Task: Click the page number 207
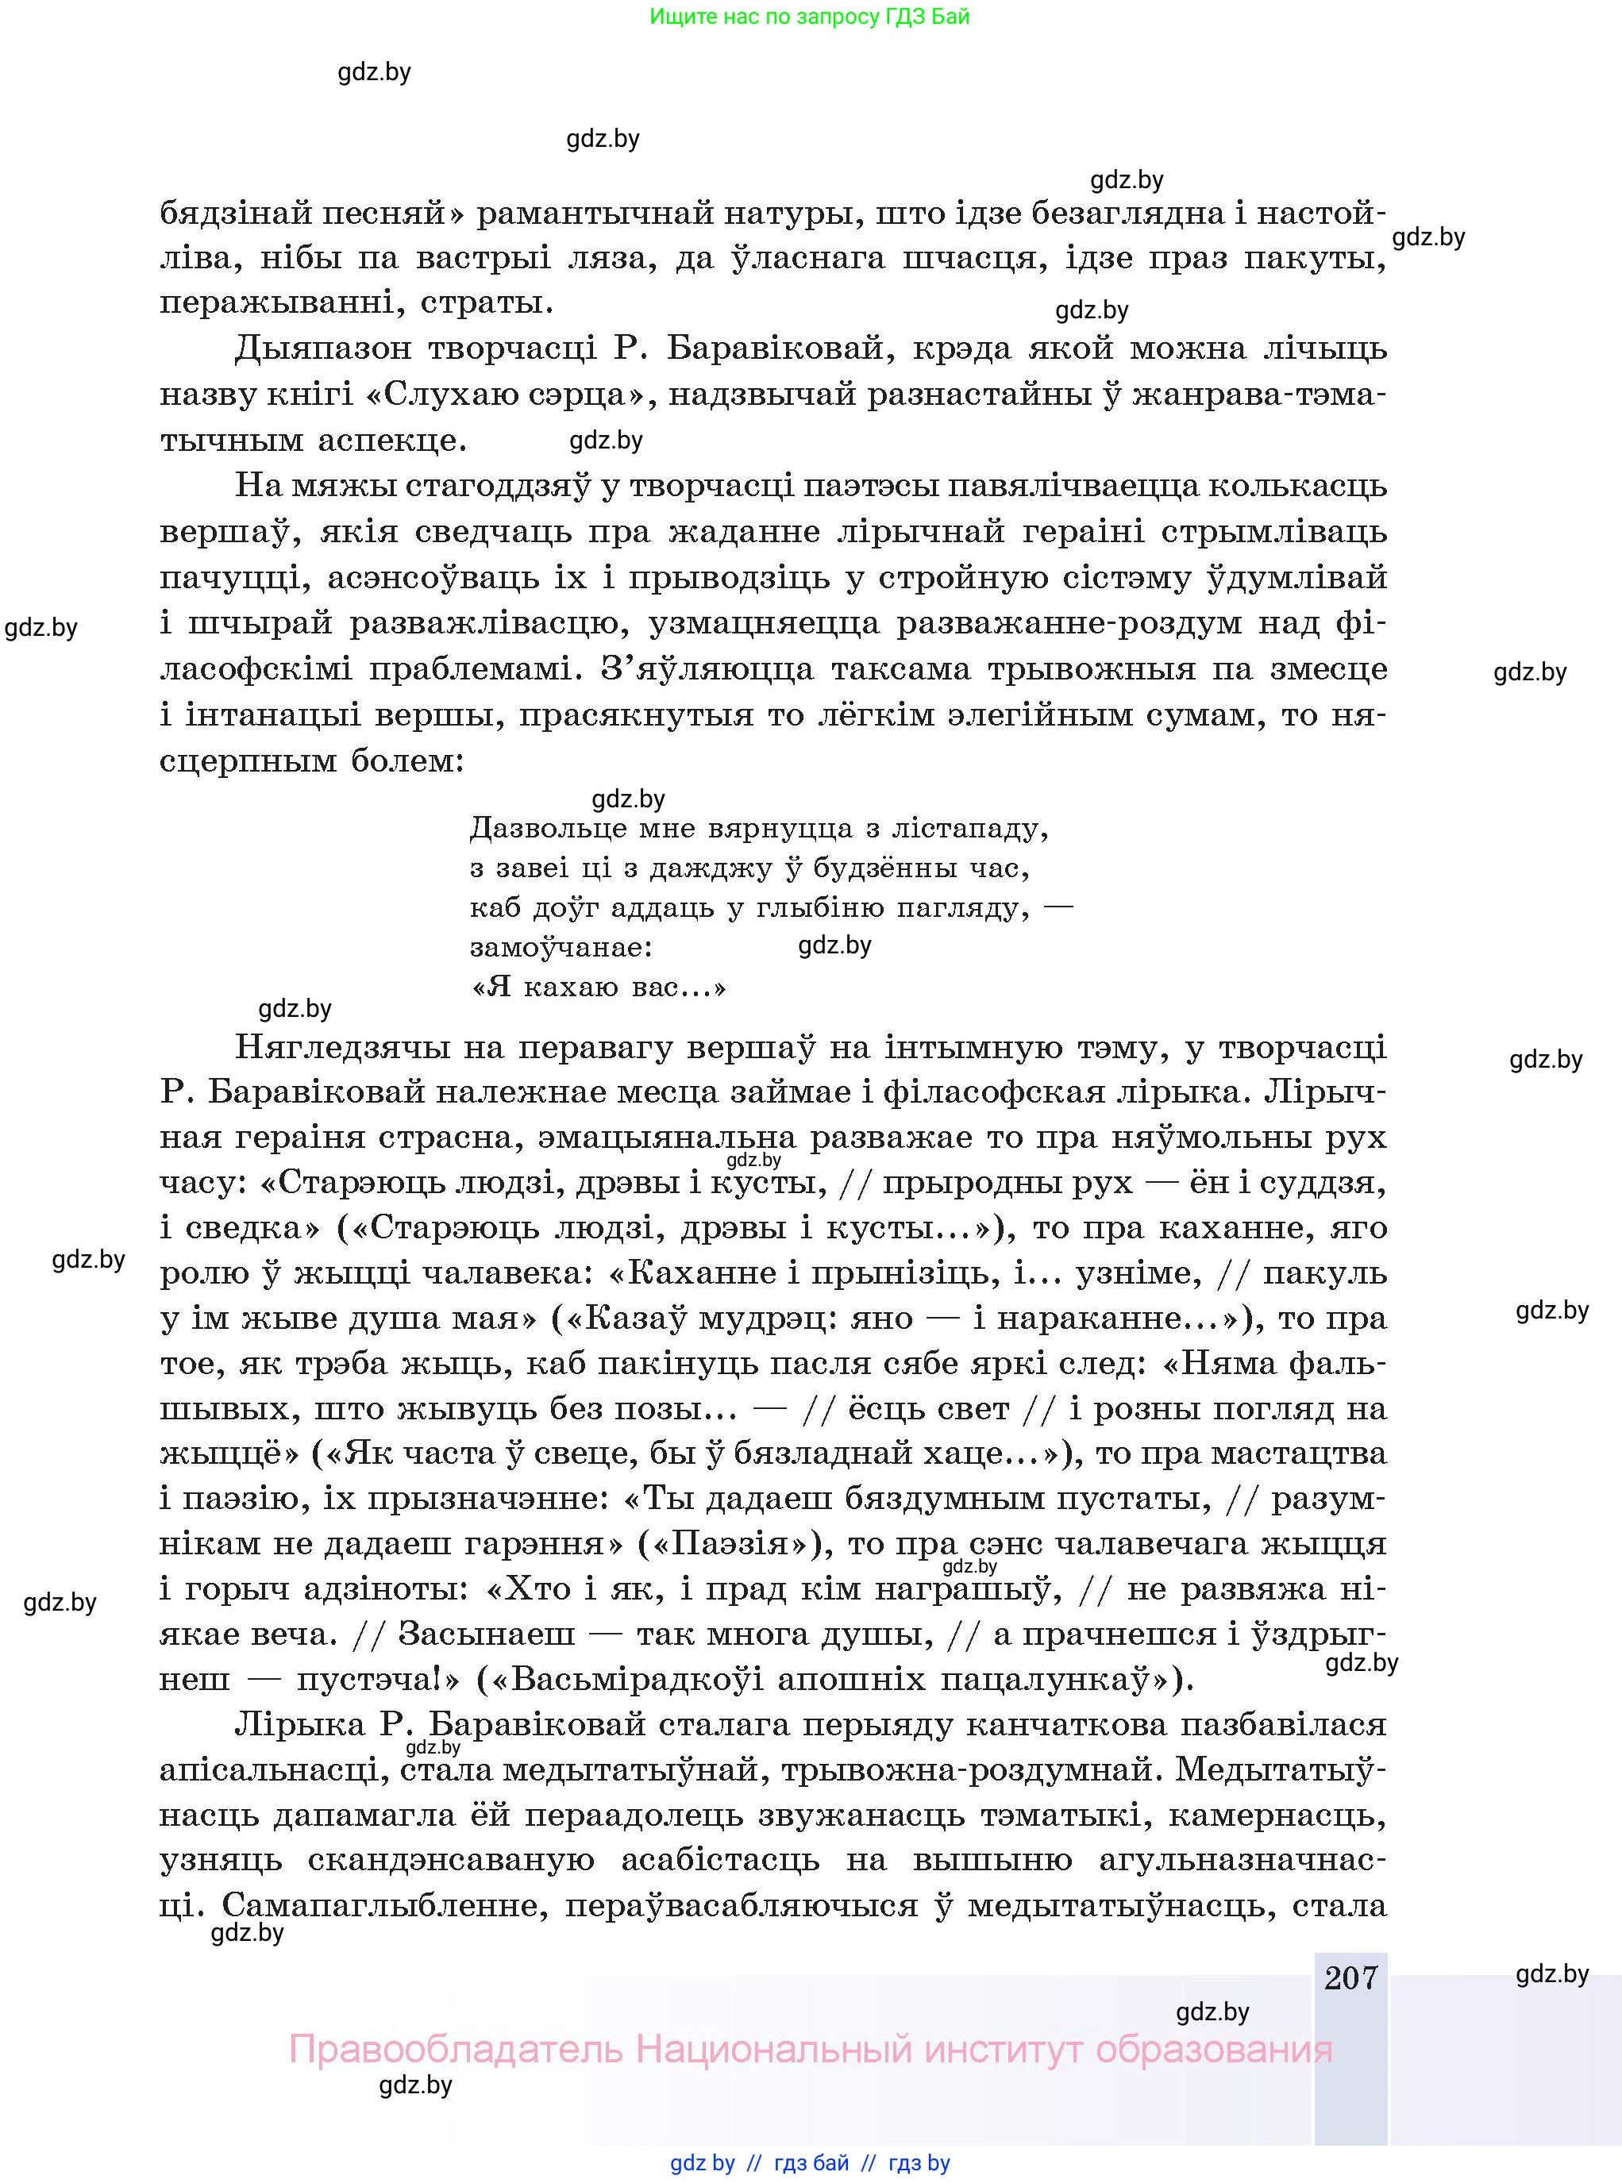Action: point(1351,1977)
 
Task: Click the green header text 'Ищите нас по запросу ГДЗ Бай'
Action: point(809,17)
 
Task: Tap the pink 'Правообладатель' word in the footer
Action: point(456,2050)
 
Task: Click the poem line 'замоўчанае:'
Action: point(561,947)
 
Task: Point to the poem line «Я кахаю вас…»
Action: point(599,987)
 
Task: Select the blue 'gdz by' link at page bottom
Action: point(702,2162)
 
